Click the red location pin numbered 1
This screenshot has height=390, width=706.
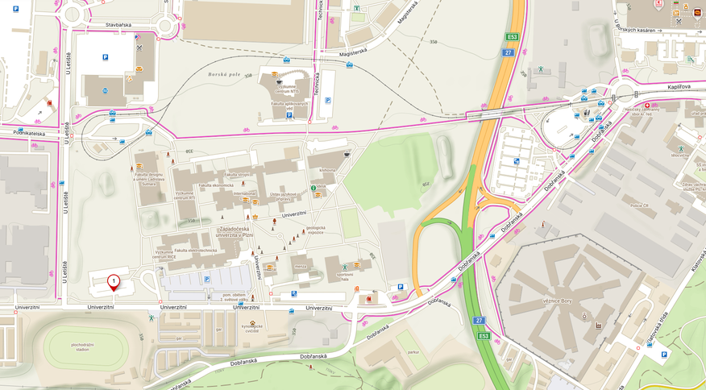pos(114,281)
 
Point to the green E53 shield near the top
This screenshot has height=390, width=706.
pos(511,36)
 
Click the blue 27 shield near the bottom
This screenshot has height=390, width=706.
pos(479,321)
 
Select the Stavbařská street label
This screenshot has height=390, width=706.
pos(117,25)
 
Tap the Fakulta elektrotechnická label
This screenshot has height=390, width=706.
pos(192,251)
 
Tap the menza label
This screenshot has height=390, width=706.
pos(301,267)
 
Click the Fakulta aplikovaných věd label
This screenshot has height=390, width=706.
pos(289,105)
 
